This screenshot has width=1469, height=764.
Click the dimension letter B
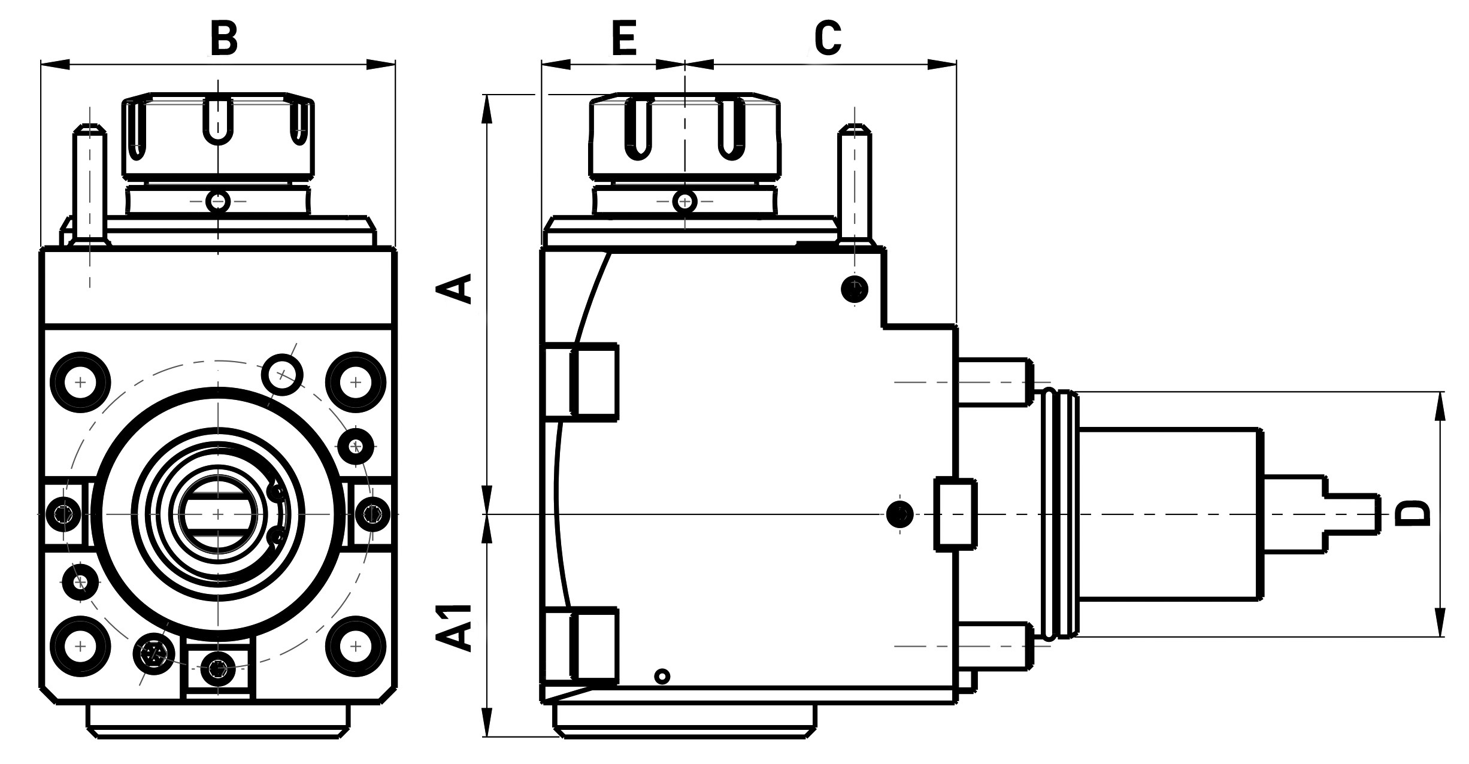click(x=224, y=38)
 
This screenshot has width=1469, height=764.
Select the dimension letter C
click(x=828, y=38)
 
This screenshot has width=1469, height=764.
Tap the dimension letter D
click(x=1413, y=513)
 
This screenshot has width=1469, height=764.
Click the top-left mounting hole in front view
click(x=80, y=382)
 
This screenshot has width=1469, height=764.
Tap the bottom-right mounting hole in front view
click(x=355, y=647)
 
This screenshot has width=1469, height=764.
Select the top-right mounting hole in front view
click(x=355, y=382)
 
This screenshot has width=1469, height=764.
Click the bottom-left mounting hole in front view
click(x=80, y=647)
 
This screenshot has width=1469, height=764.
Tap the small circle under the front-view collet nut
click(x=218, y=201)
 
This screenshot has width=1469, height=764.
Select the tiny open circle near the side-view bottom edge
click(x=662, y=677)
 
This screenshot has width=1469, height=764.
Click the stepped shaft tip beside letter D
click(x=1352, y=514)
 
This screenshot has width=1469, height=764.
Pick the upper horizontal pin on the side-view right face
click(x=995, y=382)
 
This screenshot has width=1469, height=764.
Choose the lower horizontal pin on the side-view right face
click(x=995, y=647)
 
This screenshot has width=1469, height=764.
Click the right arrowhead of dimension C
click(x=942, y=64)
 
